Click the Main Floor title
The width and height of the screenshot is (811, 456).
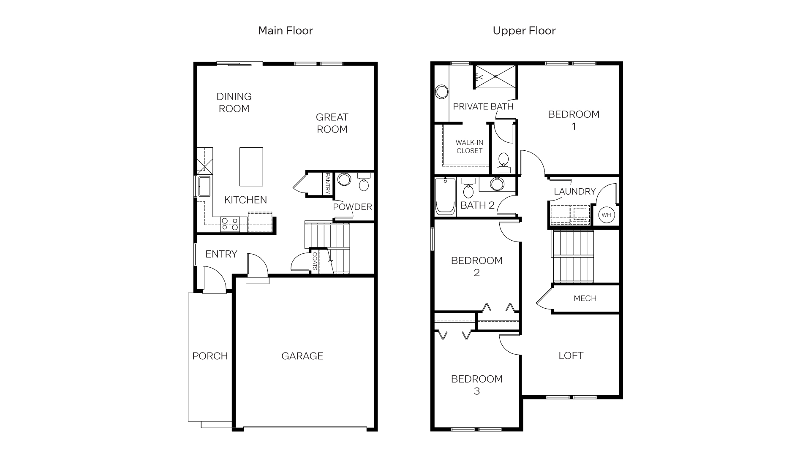tap(285, 30)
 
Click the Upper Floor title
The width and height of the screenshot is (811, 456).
tap(524, 30)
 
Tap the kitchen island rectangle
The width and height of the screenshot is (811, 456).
tap(251, 166)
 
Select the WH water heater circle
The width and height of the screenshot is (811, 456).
tap(606, 215)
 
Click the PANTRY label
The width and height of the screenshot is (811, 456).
tap(328, 183)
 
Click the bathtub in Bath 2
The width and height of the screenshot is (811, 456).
tap(445, 196)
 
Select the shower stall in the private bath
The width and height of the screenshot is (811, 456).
tap(495, 76)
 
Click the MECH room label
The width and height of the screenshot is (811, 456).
tap(585, 299)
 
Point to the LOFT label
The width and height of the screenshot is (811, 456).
tap(571, 356)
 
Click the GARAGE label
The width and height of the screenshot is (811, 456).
tap(302, 356)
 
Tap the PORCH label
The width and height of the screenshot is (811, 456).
tap(210, 356)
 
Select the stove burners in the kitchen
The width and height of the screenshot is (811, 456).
tap(229, 224)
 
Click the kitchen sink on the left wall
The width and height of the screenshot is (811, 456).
tap(204, 186)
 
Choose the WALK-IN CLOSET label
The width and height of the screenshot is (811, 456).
tap(469, 147)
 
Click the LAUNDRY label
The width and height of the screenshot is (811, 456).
tap(574, 191)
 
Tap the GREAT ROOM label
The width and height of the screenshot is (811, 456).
tap(332, 123)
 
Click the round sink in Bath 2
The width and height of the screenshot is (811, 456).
tap(497, 184)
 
